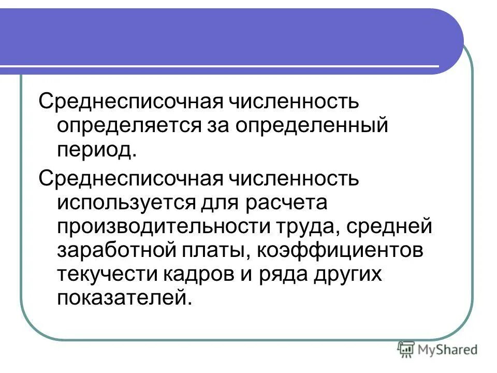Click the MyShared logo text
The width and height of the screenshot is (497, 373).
448,350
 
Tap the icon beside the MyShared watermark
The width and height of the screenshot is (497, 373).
406,350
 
